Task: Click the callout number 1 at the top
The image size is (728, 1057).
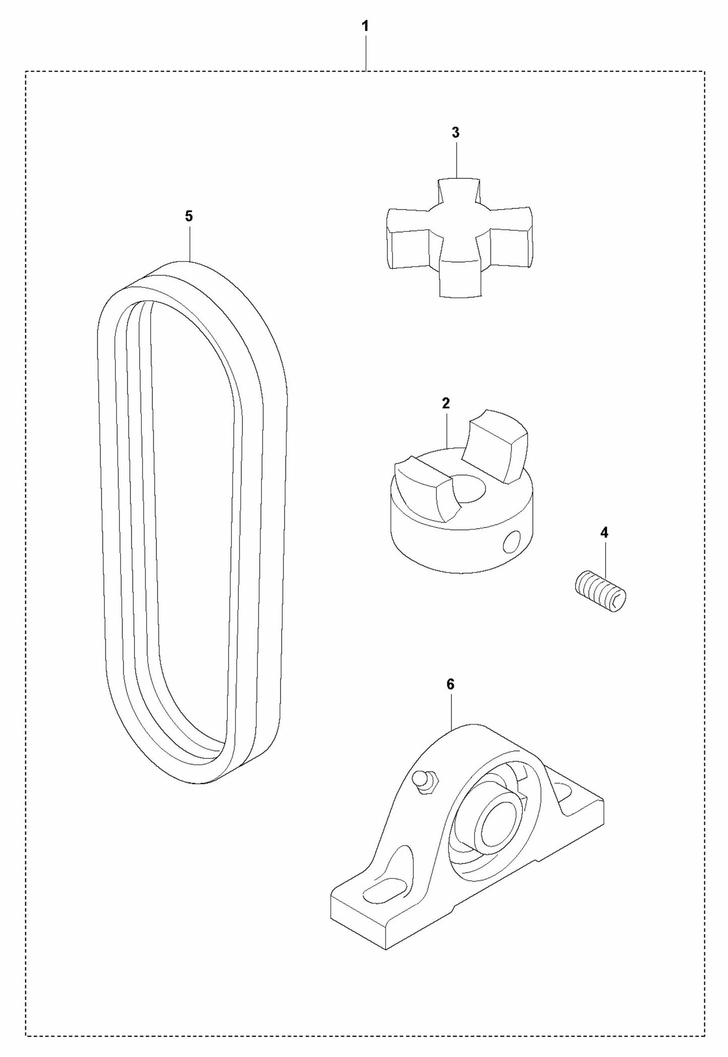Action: (x=365, y=26)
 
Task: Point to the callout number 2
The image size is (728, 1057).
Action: (x=445, y=403)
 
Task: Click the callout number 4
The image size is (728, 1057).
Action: (x=604, y=533)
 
